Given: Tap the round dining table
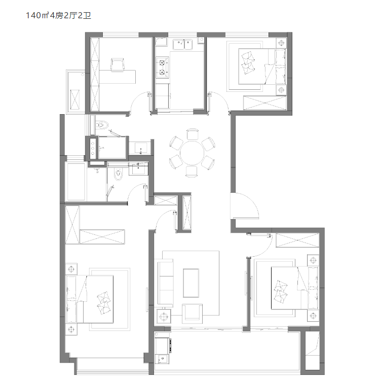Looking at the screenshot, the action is pos(192,153).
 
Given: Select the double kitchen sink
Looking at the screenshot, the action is pos(182,44).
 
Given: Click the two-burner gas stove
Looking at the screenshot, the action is pos(162,67).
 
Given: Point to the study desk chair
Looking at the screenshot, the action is pos(118,64).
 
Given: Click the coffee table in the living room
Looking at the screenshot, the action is pos(191,283).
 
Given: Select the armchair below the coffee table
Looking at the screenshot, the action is pos(192,312).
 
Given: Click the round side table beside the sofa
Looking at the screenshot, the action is pos(164,317).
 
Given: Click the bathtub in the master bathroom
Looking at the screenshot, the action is pos(75,182).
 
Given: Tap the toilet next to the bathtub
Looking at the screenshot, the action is pos(119,173).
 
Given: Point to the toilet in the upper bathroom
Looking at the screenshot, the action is pos(102,125).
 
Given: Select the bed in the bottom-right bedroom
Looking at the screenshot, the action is pos(294,288).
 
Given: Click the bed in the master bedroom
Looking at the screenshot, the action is pos(90,299).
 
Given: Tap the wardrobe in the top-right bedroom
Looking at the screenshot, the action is pos(264,103).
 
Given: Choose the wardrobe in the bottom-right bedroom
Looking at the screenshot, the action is pos(297,240).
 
